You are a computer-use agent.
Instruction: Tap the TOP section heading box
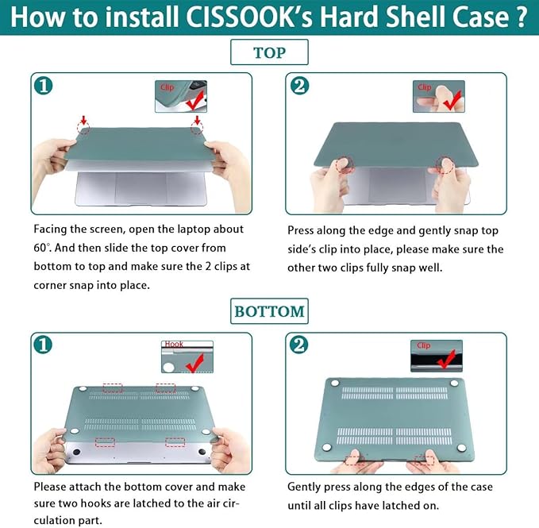[x=269, y=53]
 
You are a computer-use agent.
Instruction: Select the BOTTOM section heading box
[x=269, y=310]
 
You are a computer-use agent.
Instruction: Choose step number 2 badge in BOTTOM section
[x=299, y=345]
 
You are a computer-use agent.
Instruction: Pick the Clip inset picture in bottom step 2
[x=438, y=356]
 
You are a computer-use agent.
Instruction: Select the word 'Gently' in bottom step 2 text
[x=307, y=487]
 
